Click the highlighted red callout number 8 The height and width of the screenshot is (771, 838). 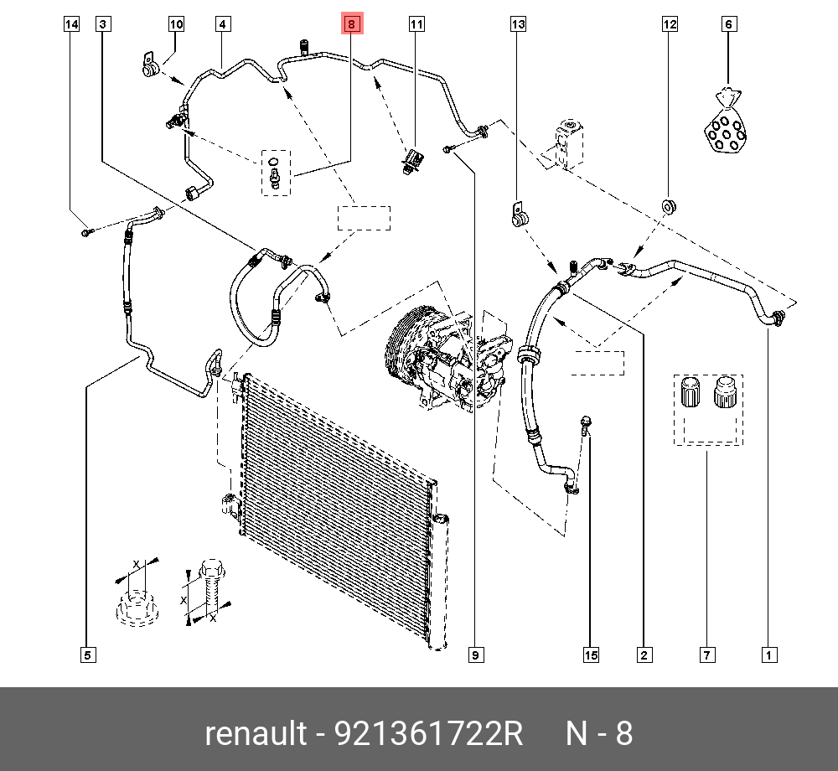pos(352,24)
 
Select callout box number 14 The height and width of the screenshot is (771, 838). pos(72,24)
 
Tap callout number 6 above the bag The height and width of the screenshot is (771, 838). pos(729,24)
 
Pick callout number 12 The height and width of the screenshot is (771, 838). pos(670,24)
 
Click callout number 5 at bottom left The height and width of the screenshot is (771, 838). pos(87,655)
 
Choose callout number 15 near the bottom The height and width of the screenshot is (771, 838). pos(592,655)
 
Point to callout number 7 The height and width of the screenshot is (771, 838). pos(707,655)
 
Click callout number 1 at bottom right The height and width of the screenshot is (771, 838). pos(767,655)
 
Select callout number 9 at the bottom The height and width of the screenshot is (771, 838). pos(475,655)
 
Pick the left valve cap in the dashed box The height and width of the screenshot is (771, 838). pos(691,393)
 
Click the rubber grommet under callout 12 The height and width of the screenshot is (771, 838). pos(670,206)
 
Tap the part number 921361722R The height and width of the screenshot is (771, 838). pos(429,734)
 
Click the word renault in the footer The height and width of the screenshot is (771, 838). pos(256,734)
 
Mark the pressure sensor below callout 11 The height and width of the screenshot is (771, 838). pos(411,158)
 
